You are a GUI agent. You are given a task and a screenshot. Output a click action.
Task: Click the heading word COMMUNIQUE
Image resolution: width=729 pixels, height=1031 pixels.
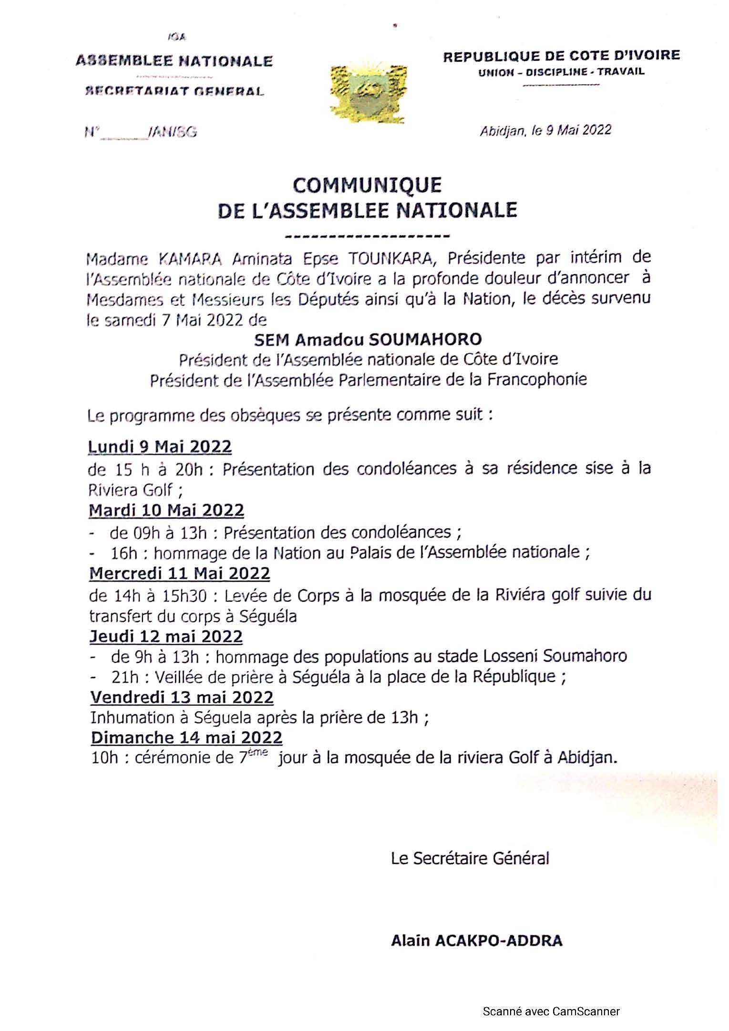click(x=367, y=185)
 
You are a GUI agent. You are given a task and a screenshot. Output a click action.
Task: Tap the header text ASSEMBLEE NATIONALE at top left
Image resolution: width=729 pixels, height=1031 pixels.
click(x=174, y=61)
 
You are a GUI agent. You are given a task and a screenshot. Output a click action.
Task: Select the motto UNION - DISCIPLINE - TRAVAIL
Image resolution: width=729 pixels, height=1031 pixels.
click(x=561, y=72)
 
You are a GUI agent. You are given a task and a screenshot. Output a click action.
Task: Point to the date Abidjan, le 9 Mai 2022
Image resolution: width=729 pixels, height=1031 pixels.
click(x=545, y=130)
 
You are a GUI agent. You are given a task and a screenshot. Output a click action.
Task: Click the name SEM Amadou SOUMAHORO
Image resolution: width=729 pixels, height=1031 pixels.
click(x=368, y=339)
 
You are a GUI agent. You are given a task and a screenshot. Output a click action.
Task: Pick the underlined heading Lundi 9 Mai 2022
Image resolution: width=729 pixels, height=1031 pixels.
click(x=160, y=447)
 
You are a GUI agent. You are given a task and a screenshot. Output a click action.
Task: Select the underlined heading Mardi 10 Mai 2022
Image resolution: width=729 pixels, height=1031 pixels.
click(x=166, y=510)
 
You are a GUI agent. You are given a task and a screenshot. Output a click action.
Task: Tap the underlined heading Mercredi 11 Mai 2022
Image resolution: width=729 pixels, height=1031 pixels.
click(x=180, y=573)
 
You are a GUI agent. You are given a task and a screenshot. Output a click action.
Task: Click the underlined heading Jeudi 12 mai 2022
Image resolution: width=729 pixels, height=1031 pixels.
click(x=166, y=637)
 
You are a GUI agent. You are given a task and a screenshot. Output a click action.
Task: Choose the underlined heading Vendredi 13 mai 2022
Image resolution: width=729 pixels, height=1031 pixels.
click(x=182, y=697)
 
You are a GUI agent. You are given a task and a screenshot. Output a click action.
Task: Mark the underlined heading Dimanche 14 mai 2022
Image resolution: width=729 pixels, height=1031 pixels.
click(x=186, y=738)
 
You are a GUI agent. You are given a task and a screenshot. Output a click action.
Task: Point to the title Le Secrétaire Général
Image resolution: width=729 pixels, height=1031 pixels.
click(x=470, y=859)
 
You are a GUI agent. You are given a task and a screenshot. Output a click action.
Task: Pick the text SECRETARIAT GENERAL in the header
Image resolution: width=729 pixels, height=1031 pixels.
click(x=174, y=91)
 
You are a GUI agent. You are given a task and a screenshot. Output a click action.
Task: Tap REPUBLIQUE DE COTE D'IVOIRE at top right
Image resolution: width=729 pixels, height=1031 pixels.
click(x=561, y=56)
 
